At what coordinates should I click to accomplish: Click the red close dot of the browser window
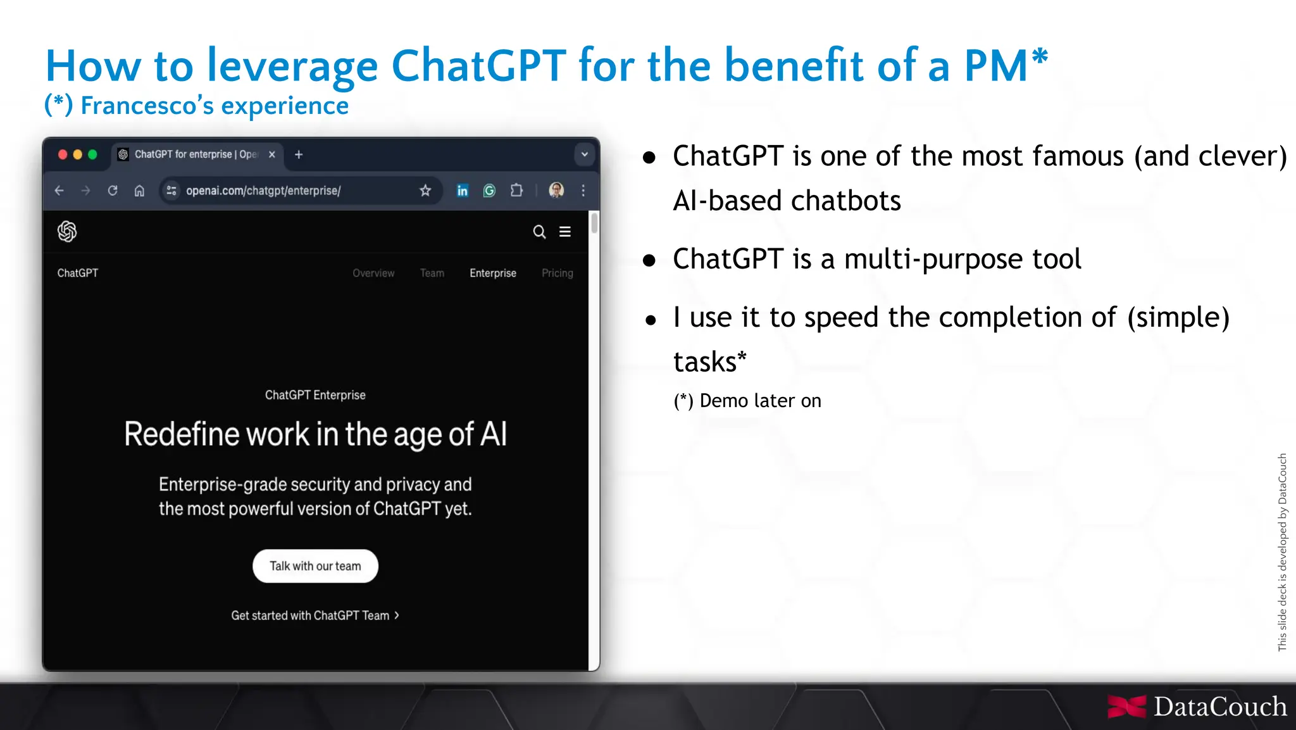63,154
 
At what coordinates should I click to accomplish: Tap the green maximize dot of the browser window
92,154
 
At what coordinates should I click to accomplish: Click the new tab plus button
299,154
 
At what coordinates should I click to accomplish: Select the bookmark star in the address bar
425,191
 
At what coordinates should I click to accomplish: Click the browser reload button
113,191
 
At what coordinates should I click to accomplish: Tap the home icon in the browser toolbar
139,191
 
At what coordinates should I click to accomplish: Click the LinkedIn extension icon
463,191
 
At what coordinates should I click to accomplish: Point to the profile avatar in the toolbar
556,190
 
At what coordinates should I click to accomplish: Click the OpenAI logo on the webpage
67,232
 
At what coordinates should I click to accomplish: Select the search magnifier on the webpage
539,232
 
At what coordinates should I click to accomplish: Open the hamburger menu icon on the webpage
565,232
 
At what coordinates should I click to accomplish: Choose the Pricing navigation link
557,273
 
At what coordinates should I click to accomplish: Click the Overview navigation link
373,273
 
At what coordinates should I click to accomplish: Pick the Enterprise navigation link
493,273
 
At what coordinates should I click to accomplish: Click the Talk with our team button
315,566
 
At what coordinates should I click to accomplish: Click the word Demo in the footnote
724,401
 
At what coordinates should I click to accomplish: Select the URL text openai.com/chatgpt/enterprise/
263,191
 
